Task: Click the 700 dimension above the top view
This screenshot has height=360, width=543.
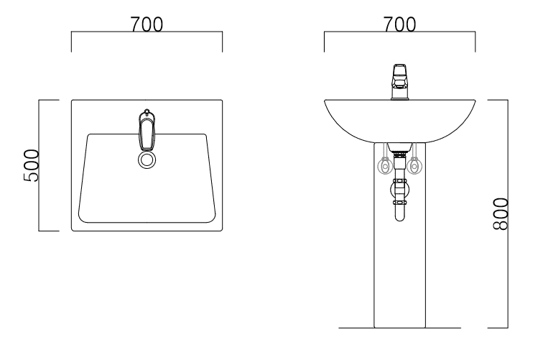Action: pos(147,24)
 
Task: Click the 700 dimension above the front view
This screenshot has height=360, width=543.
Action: pos(399,24)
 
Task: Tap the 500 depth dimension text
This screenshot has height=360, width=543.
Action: pos(31,165)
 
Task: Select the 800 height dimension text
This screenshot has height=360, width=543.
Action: pos(501,214)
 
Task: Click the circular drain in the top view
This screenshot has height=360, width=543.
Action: pos(147,160)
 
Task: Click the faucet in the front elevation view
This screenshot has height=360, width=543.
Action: pos(400,82)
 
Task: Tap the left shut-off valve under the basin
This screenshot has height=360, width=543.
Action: pos(385,166)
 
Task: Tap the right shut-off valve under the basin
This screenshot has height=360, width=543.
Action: pos(414,165)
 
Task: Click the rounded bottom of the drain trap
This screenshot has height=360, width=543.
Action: pos(399,217)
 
